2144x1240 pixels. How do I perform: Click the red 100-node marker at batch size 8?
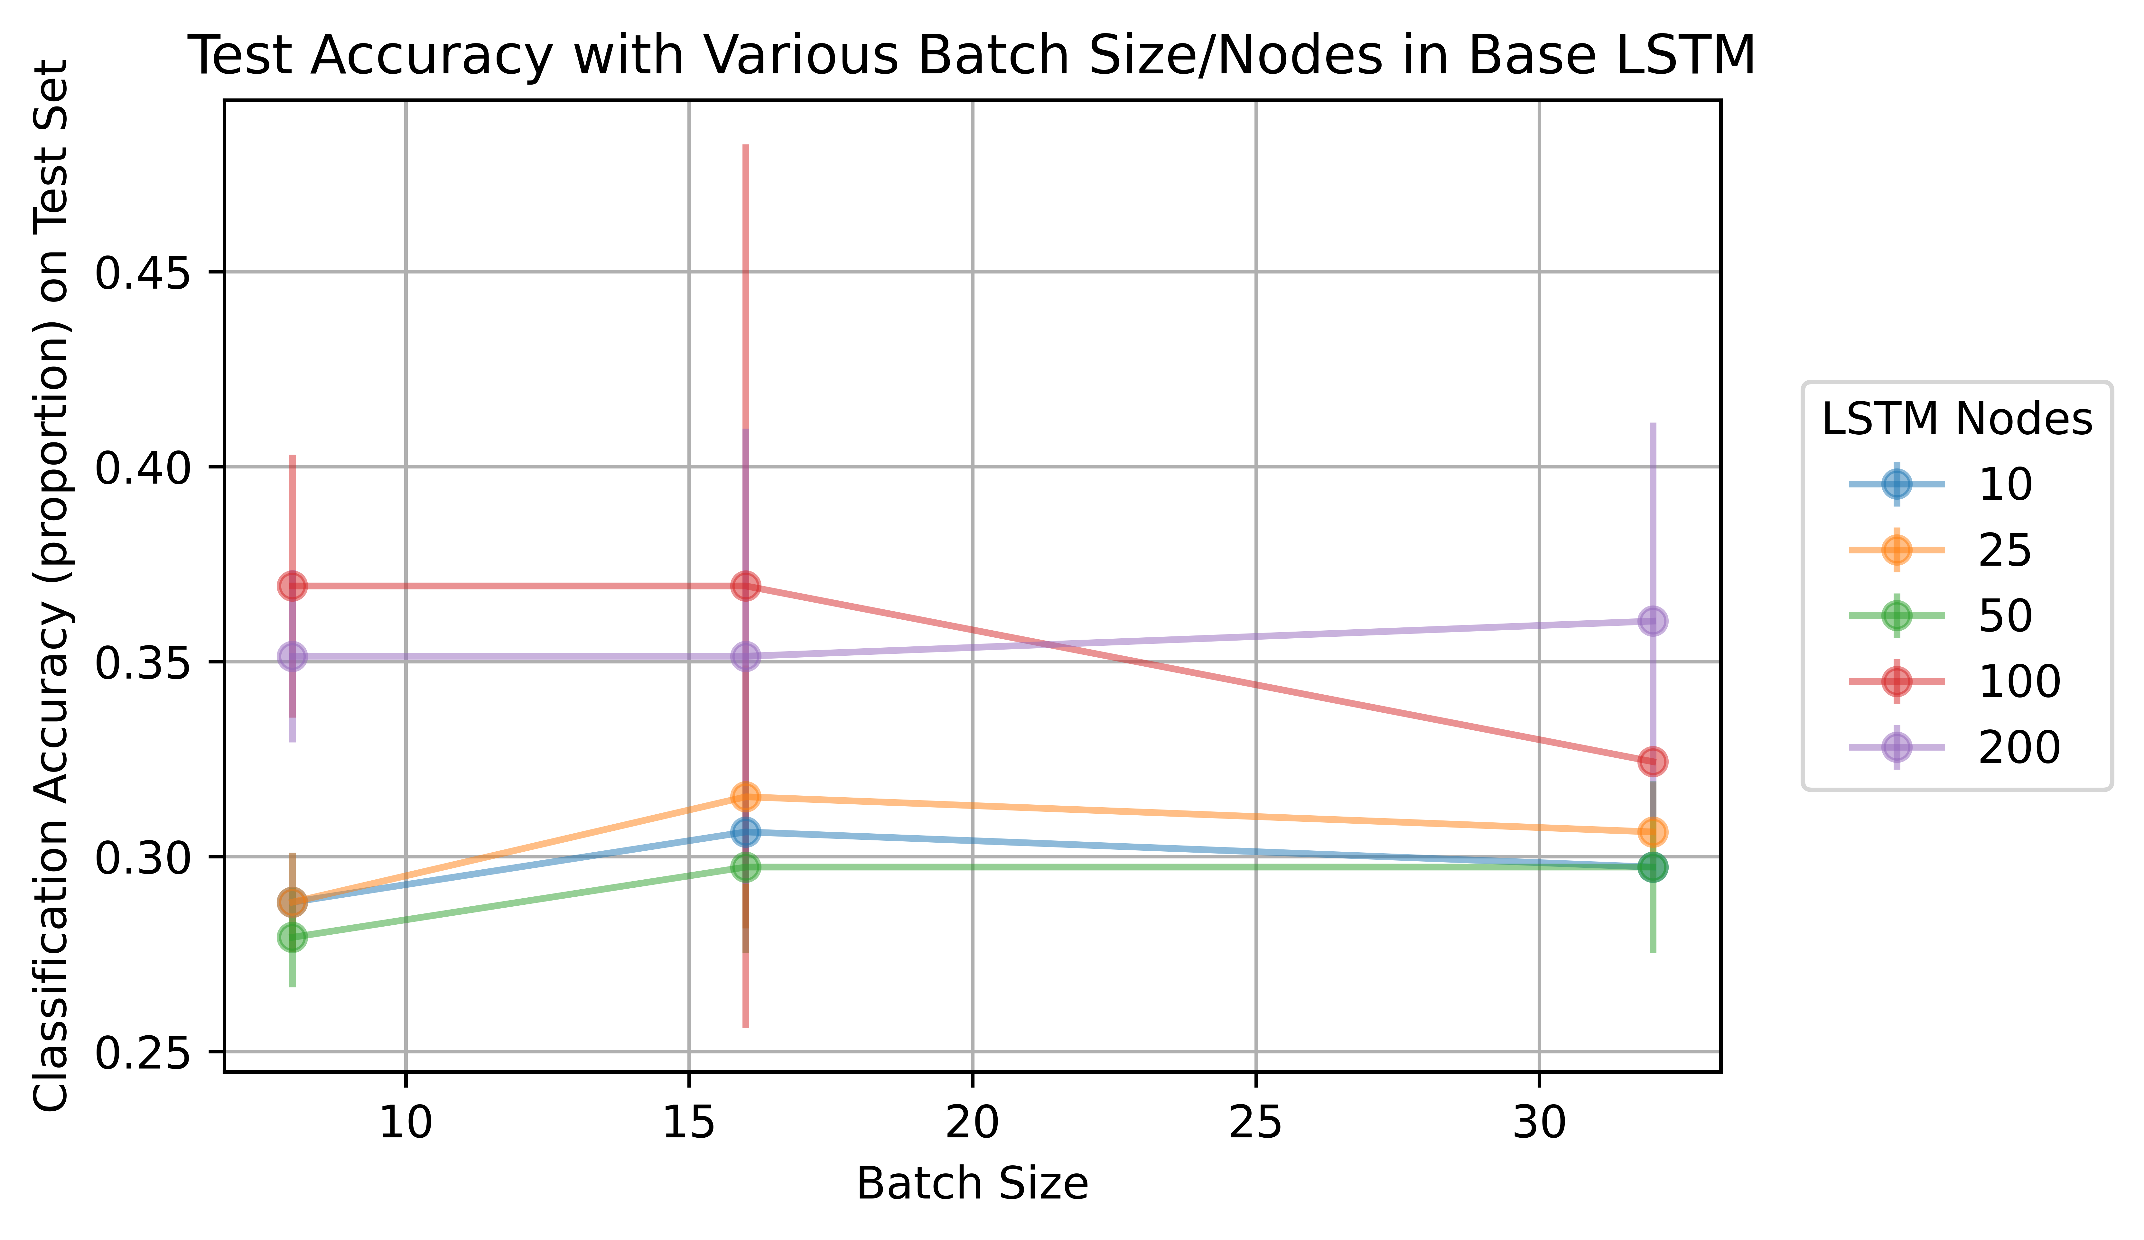tap(292, 586)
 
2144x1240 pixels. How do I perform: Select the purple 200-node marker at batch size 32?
tap(1652, 621)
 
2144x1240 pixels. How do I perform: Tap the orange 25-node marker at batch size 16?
tap(745, 797)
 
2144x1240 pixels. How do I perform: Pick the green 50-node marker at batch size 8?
tap(292, 937)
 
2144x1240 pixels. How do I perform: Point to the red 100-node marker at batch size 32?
tap(1652, 761)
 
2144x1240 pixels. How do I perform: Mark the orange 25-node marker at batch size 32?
tap(1652, 832)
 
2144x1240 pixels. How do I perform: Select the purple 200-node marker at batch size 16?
tap(745, 657)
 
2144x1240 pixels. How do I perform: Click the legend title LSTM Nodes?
tap(1957, 419)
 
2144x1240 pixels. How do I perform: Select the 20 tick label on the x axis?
tap(973, 1124)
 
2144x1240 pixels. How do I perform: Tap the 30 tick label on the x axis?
tap(1539, 1124)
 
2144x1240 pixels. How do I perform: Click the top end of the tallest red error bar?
tap(745, 146)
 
